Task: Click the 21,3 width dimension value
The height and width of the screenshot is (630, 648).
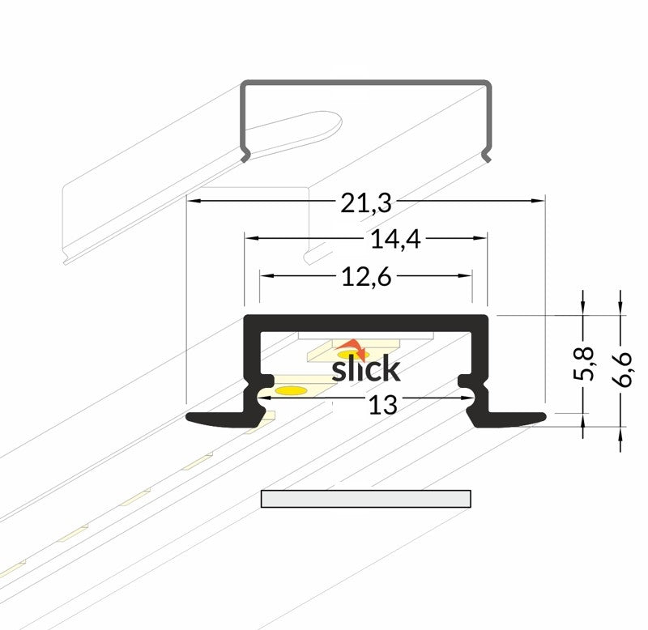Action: click(366, 203)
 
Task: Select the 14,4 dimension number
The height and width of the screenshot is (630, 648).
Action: click(395, 240)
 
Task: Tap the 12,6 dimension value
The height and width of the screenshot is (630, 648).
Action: click(366, 277)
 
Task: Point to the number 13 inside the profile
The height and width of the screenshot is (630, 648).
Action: click(382, 405)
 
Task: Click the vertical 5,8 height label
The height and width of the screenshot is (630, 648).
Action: click(583, 364)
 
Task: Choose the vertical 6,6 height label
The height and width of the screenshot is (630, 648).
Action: click(621, 369)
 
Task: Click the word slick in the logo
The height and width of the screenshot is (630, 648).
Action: click(366, 368)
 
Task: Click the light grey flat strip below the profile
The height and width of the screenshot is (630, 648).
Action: click(366, 499)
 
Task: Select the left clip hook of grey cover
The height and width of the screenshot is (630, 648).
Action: click(245, 155)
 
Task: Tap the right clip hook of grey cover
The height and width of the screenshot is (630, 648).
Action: click(487, 155)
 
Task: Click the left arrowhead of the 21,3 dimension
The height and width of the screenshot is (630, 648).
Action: click(194, 201)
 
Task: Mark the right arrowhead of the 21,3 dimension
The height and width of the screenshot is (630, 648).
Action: click(538, 201)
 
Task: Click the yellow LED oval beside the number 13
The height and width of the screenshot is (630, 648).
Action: click(292, 390)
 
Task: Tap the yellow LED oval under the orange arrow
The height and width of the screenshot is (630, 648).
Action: click(352, 355)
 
